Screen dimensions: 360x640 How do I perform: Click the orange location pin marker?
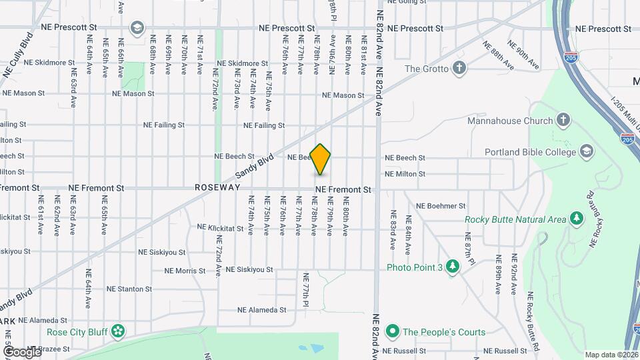(x=321, y=159)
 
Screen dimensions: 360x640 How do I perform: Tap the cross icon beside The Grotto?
(x=459, y=67)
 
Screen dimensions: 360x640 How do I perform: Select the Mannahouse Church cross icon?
(x=564, y=121)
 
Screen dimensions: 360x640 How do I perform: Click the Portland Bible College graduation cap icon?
(x=587, y=151)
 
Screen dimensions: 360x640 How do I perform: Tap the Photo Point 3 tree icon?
(x=453, y=267)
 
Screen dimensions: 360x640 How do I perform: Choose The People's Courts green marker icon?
(x=393, y=331)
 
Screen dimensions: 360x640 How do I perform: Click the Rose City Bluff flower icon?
(x=118, y=331)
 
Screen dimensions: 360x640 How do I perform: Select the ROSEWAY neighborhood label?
(x=217, y=188)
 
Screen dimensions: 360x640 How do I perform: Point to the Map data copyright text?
(x=611, y=355)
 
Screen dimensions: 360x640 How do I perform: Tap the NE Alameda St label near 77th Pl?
(x=261, y=310)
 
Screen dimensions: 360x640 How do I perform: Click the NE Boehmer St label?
(x=439, y=206)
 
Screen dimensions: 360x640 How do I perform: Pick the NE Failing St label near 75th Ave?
(x=264, y=125)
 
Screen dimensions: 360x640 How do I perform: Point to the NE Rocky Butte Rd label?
(x=531, y=322)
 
